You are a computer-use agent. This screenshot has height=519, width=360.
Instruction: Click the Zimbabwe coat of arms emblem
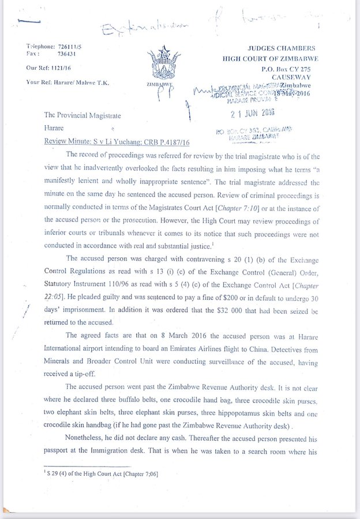(x=161, y=63)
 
